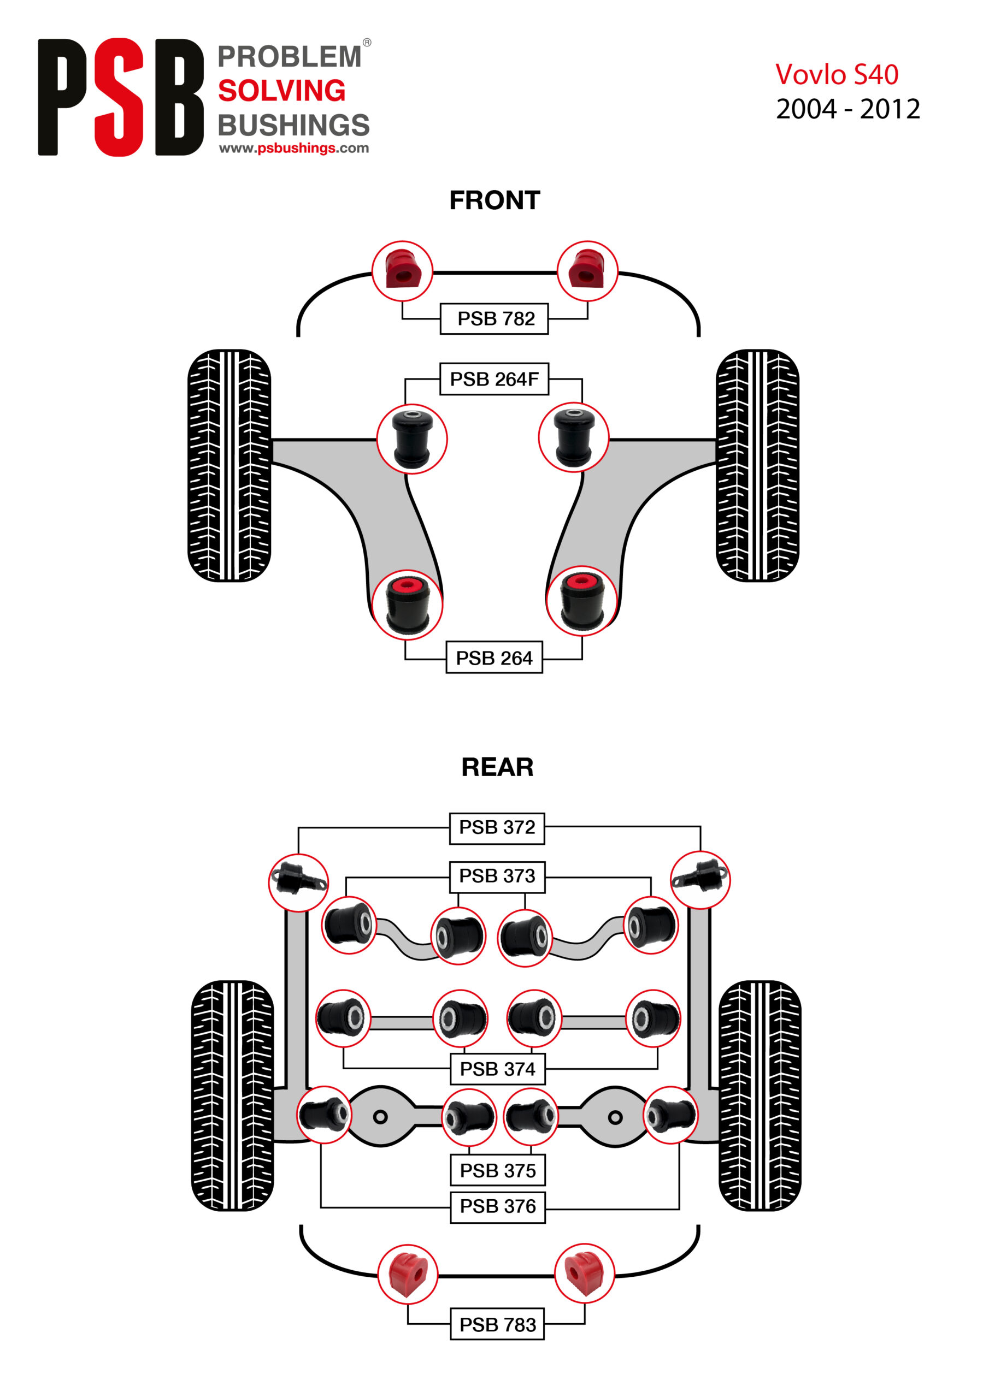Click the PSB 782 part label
[x=493, y=318]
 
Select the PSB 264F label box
[x=493, y=379]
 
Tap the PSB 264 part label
[x=493, y=657]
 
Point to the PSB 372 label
[x=497, y=827]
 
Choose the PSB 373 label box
[x=497, y=876]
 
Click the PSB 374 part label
[x=497, y=1069]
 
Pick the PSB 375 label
[x=497, y=1170]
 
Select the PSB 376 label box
[x=497, y=1206]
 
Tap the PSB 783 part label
[x=497, y=1324]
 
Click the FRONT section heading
[x=494, y=200]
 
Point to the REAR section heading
[x=497, y=767]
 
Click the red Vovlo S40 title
[x=836, y=75]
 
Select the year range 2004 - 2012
[x=847, y=110]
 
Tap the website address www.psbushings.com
[x=294, y=148]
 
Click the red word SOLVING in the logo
[x=281, y=91]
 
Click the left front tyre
[x=229, y=465]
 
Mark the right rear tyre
[x=760, y=1096]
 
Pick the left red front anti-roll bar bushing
[x=402, y=271]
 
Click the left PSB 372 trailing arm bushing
[x=298, y=881]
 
